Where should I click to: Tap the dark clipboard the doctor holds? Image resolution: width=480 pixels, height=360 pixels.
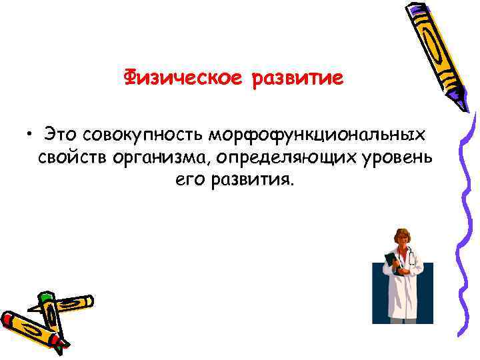[394, 263]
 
